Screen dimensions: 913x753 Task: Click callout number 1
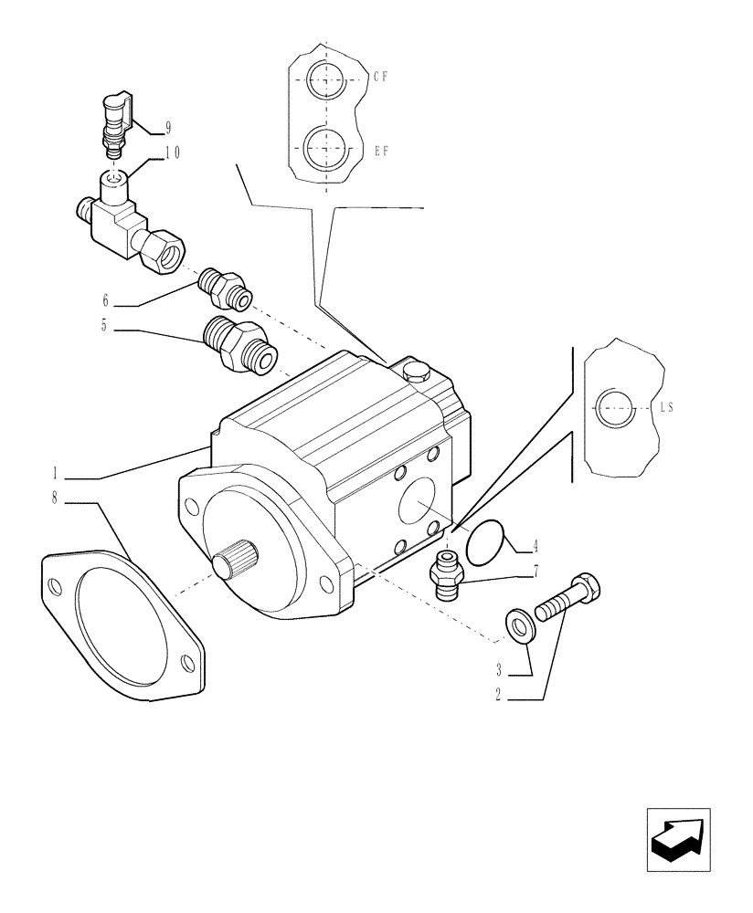point(56,473)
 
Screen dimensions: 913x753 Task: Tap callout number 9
point(169,127)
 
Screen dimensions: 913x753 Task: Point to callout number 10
point(172,153)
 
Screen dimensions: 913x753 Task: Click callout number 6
point(106,299)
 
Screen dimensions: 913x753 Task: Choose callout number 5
point(106,324)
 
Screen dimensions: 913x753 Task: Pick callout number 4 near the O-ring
point(535,548)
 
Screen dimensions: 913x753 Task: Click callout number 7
point(535,572)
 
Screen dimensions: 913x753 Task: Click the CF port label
point(381,78)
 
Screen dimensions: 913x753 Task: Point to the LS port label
point(666,410)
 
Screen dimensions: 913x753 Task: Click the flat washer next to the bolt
point(521,625)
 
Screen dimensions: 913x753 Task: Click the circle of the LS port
point(613,408)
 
